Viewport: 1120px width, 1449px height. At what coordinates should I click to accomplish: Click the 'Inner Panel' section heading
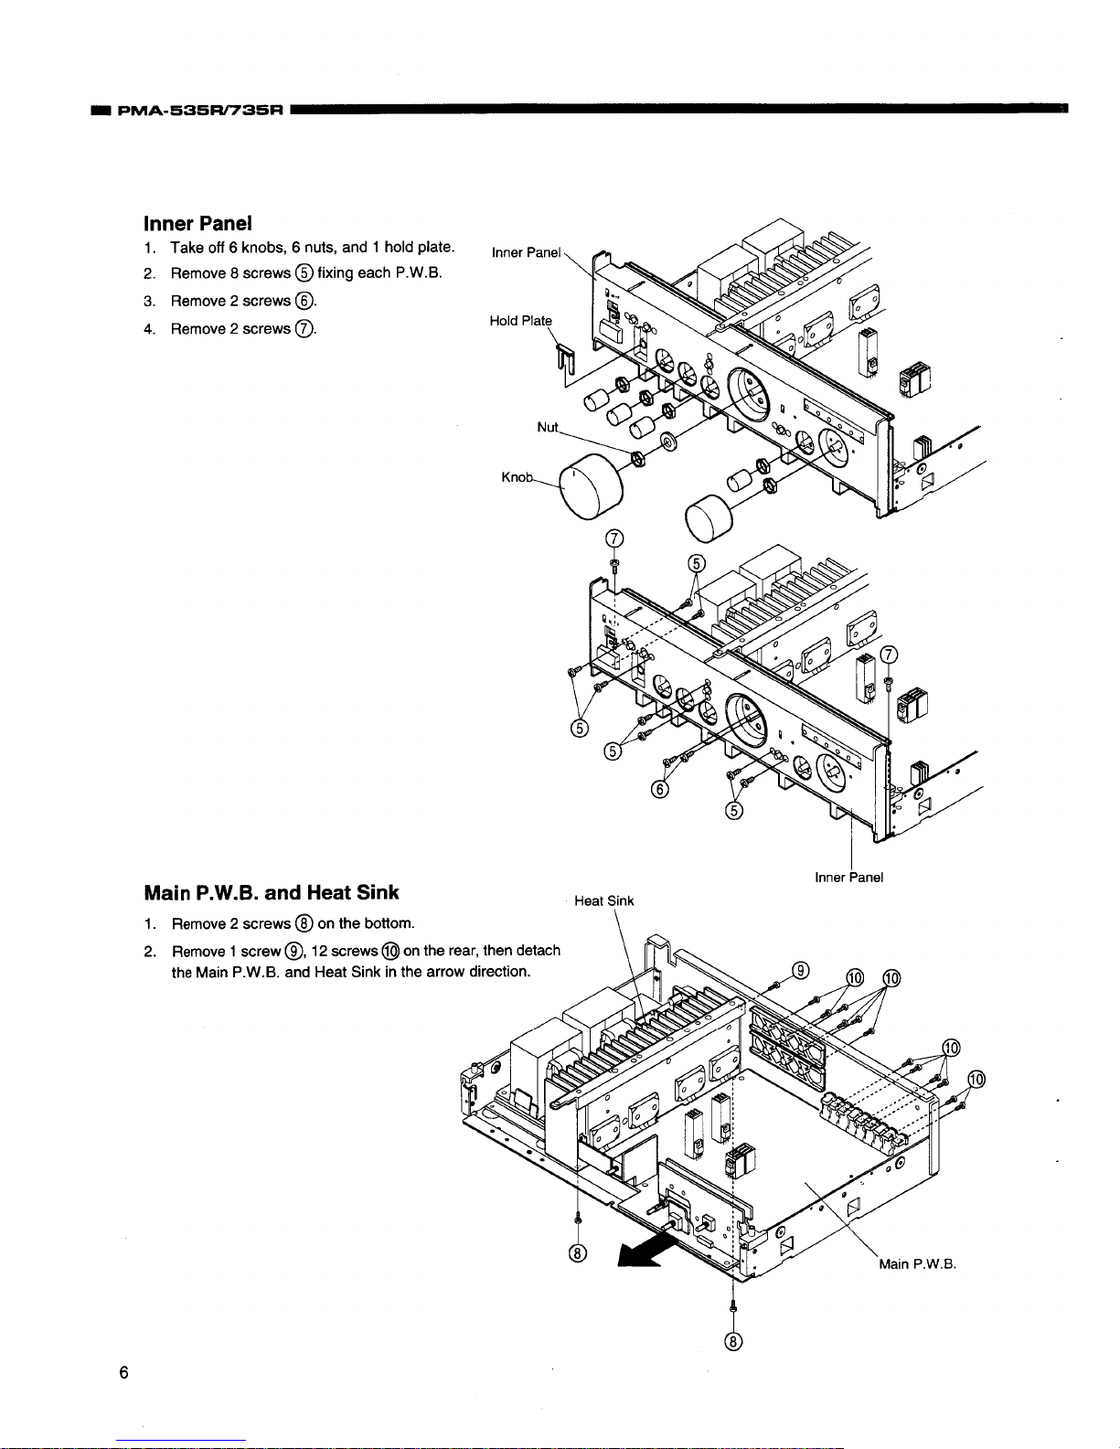point(197,223)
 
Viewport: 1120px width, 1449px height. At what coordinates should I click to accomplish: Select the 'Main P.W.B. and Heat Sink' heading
point(272,892)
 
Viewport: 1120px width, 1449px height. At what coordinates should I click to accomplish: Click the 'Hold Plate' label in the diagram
point(520,321)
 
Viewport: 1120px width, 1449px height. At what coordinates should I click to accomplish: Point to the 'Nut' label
point(548,428)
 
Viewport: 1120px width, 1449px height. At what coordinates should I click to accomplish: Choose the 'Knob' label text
point(517,477)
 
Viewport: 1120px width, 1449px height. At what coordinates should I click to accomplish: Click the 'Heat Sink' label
point(604,900)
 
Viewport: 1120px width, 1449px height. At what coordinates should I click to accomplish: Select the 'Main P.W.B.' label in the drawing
point(917,1264)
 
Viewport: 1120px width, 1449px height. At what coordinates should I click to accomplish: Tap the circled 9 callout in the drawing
point(801,970)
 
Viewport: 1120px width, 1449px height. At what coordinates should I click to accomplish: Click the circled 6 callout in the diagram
point(659,790)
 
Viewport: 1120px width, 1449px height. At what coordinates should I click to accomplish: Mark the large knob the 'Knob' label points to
point(591,485)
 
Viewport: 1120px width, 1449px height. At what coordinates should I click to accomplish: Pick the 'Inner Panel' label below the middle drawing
point(848,878)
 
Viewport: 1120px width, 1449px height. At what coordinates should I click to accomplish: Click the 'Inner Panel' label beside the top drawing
point(526,252)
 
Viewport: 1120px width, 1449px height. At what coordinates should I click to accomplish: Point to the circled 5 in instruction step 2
point(304,273)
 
